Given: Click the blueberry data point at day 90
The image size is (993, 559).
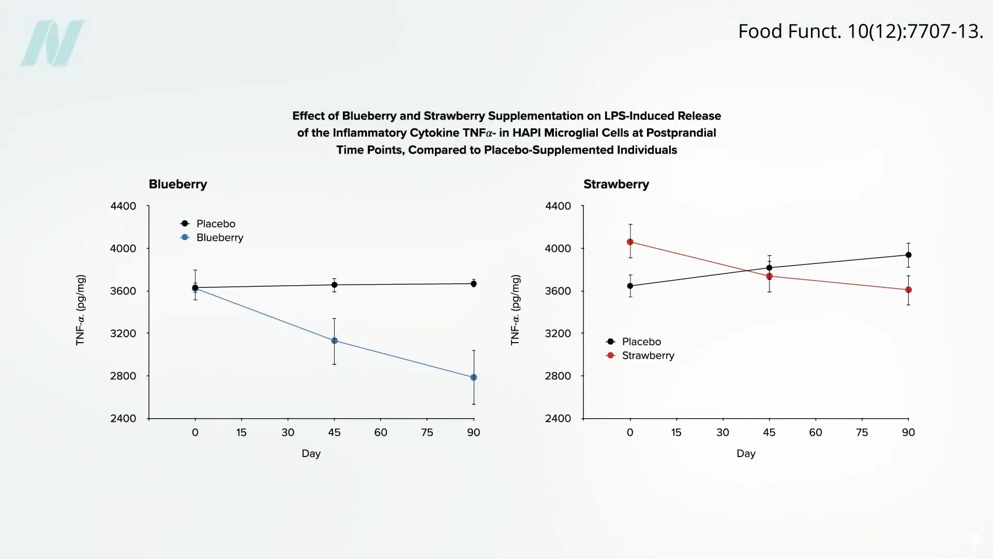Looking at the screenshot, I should [473, 377].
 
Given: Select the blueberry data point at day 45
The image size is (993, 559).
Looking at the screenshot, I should [334, 341].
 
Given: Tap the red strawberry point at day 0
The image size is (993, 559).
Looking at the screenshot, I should [630, 242].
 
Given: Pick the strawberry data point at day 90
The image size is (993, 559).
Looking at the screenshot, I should [908, 290].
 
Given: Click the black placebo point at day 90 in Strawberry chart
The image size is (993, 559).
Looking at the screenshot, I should [908, 255].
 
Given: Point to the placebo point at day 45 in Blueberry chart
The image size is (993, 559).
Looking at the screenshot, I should [334, 285].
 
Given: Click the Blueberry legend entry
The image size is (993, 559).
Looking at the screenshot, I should [219, 238].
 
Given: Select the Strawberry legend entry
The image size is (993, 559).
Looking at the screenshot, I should [648, 356].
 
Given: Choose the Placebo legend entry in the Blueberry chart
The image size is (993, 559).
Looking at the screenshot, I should [215, 224].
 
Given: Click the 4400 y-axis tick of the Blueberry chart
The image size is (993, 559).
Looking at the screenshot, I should [123, 206].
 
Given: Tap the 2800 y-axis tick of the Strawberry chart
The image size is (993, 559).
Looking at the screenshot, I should [558, 376].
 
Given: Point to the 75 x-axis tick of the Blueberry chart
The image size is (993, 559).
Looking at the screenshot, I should [427, 432].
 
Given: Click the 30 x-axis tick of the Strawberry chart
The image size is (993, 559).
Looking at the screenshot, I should [723, 432].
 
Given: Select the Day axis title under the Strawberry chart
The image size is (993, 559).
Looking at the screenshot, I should [746, 453].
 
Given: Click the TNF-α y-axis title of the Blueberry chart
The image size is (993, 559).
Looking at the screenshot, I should [81, 310].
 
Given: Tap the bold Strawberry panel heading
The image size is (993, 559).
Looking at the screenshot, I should [616, 184].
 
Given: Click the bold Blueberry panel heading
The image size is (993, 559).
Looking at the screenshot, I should [178, 184].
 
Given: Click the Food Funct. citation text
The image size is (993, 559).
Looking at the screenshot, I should [860, 32].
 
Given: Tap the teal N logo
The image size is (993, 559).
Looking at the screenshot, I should [53, 43].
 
